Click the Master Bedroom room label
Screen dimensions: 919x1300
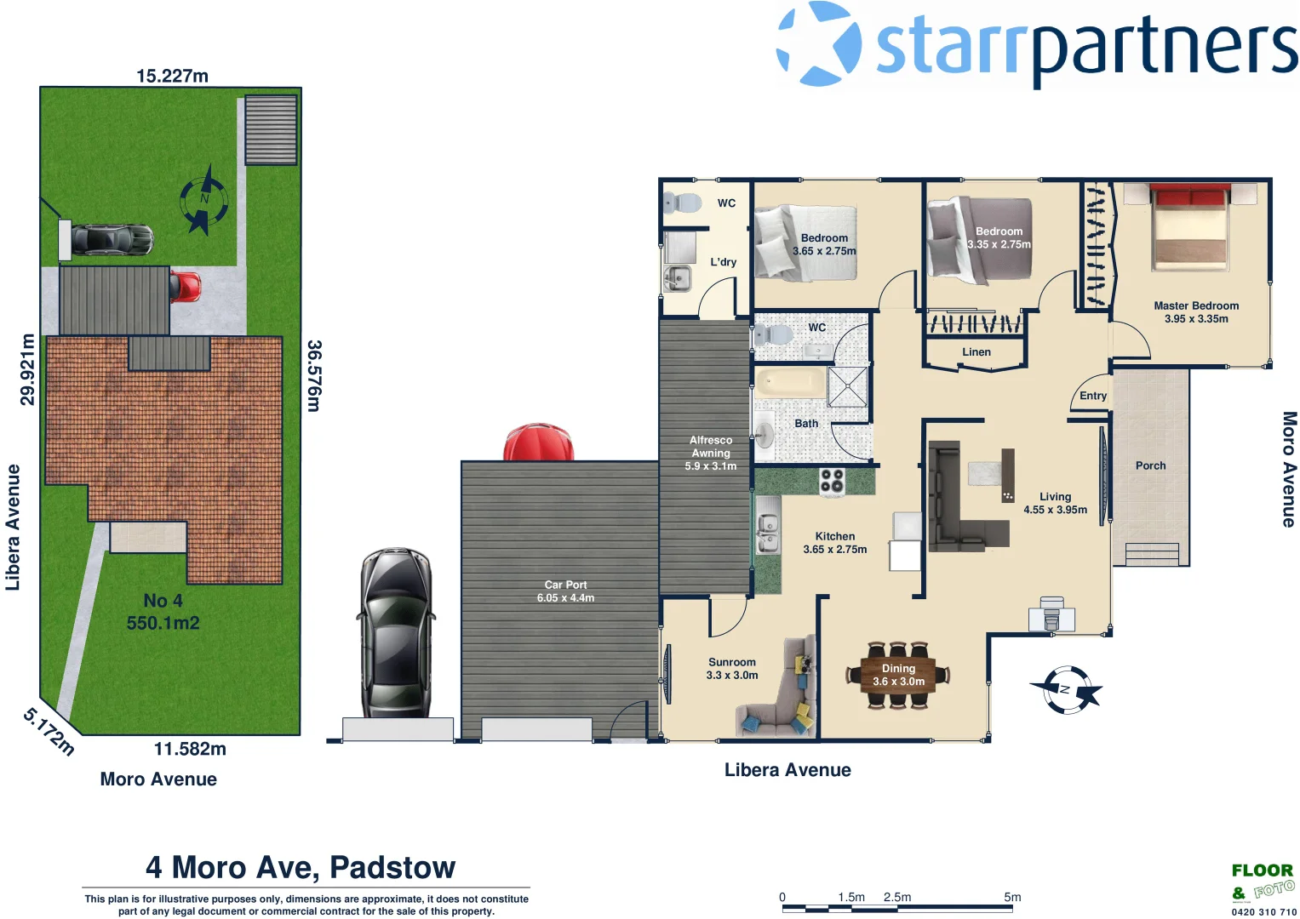1196,306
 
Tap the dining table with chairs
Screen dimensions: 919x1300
898,675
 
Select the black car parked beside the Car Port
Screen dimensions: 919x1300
395,633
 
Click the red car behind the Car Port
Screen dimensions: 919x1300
538,442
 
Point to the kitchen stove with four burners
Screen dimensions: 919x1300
831,482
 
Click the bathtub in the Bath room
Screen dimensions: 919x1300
790,383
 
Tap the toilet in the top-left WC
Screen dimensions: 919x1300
682,203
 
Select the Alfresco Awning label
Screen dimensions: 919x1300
711,447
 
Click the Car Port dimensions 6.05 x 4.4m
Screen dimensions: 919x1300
565,598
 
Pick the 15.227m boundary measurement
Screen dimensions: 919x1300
172,76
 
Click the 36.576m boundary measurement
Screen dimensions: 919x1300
314,376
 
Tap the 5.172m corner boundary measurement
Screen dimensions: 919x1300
49,731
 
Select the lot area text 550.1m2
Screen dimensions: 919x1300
163,623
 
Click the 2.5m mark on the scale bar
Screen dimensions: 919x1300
897,898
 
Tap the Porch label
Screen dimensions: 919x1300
1150,465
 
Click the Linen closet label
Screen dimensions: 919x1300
976,352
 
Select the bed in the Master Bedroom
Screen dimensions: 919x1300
1189,228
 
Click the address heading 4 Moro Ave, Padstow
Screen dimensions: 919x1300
301,867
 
